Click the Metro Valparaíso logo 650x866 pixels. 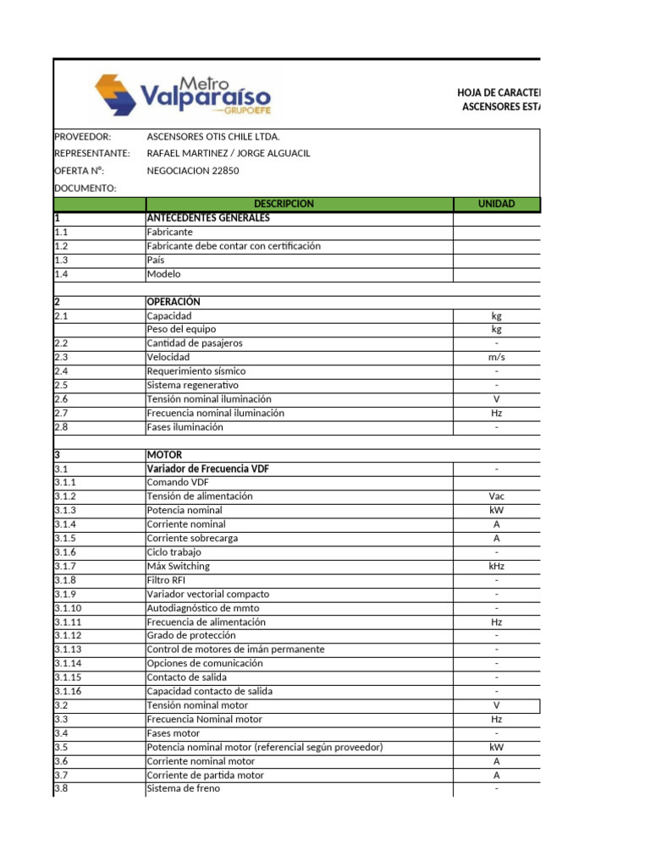tap(181, 95)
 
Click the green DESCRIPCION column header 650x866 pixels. tap(284, 204)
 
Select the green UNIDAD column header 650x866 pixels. tap(497, 204)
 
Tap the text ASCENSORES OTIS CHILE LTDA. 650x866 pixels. tap(213, 136)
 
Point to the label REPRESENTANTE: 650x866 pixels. tap(92, 153)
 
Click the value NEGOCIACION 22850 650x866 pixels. tap(193, 170)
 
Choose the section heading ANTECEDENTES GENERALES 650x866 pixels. tap(208, 218)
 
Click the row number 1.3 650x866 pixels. tap(61, 260)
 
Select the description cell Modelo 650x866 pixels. tap(163, 274)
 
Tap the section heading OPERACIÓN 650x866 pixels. tap(174, 302)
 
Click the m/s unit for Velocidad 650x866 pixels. tap(497, 358)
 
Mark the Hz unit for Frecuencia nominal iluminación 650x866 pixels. tap(497, 414)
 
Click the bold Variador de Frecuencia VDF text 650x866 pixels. tap(208, 469)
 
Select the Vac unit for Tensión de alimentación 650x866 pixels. tap(497, 496)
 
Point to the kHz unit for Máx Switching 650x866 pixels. tap(497, 566)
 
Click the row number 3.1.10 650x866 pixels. tap(68, 608)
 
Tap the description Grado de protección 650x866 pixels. tap(191, 635)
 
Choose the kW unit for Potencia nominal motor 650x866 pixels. tap(497, 748)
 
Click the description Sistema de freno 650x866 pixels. tap(183, 788)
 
